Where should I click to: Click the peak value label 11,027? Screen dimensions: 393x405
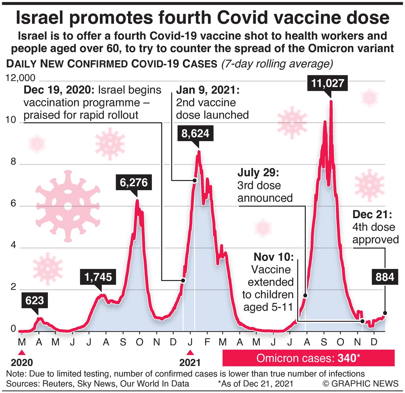(327, 83)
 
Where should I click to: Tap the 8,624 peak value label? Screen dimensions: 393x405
(195, 134)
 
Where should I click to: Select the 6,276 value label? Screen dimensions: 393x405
(134, 183)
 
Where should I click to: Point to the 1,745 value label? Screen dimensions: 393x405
(98, 277)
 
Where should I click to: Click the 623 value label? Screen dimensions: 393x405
(35, 300)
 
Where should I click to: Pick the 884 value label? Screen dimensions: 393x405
(385, 277)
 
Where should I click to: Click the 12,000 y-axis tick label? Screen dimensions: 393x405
(20, 78)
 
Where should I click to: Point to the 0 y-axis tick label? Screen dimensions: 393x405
(13, 329)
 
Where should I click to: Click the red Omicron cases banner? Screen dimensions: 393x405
(308, 358)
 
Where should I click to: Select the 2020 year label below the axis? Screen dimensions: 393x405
(22, 363)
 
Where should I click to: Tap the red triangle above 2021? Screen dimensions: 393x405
(190, 352)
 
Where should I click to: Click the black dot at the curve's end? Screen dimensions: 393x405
(385, 313)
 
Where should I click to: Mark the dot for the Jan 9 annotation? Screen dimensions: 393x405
(195, 180)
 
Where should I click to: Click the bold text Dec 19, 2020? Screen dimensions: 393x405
(59, 90)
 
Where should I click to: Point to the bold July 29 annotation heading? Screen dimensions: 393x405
(258, 173)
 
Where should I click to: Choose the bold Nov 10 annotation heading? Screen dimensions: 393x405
(274, 257)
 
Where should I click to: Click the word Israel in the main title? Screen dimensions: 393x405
(40, 18)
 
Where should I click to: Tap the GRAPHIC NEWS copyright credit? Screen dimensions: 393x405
(361, 384)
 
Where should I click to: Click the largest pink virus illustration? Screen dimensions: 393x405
(68, 206)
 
